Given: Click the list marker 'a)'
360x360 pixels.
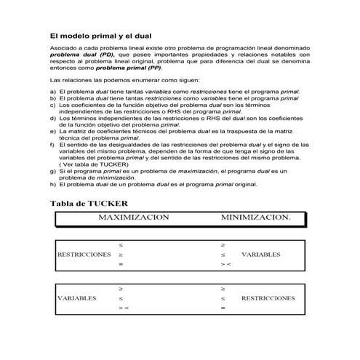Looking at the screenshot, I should (52, 92).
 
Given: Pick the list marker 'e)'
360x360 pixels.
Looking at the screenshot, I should (52, 131).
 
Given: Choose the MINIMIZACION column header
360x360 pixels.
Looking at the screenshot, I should (255, 217).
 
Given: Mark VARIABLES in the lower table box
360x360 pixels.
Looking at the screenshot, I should (77, 298).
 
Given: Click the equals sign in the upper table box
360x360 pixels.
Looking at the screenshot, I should (121, 265).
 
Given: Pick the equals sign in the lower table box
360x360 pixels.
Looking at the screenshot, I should (223, 308).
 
